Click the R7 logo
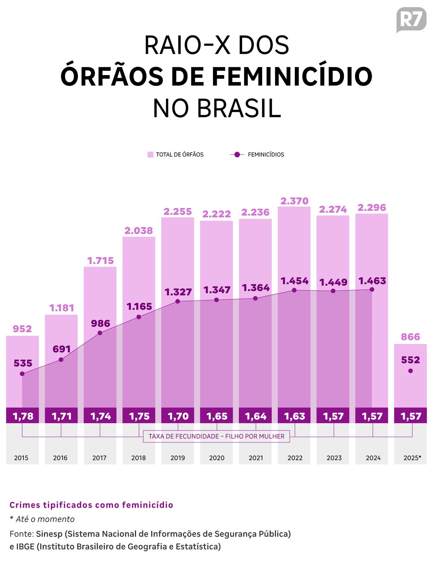411,19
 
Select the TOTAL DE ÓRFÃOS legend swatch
150,155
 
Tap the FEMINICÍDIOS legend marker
237,155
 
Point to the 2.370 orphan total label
294,201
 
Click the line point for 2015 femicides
22,374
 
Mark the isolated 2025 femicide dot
410,371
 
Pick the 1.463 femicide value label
372,281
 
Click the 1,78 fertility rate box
23,416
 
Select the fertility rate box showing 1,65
216,416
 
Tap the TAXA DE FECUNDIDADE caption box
216,436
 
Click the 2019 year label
178,458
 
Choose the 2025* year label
412,458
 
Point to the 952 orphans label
22,329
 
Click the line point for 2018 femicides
139,317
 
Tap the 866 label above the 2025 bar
411,337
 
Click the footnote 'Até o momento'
45,519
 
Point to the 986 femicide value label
100,323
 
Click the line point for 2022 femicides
294,290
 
